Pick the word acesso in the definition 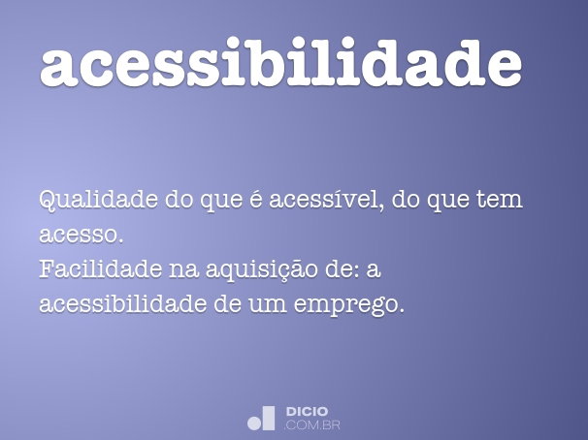(80, 236)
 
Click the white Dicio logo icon (262, 418)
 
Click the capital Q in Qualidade (49, 202)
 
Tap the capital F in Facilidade (47, 269)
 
